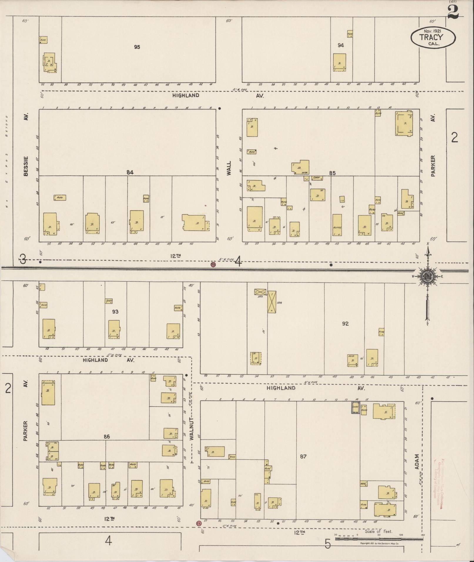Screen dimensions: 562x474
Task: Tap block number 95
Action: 137,47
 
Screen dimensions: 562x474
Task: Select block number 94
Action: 341,45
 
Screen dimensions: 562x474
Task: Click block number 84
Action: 130,172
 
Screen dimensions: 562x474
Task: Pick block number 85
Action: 332,173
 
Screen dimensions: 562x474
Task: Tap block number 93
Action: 115,311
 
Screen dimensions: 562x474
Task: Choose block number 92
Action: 345,323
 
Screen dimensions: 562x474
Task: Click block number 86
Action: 106,437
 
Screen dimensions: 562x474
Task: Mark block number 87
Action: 303,456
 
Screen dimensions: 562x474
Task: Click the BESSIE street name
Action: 26,166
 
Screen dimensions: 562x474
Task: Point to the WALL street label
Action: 229,168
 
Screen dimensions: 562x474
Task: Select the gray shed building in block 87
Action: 356,408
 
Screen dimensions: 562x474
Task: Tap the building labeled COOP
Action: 316,178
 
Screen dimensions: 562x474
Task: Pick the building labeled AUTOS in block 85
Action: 337,225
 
